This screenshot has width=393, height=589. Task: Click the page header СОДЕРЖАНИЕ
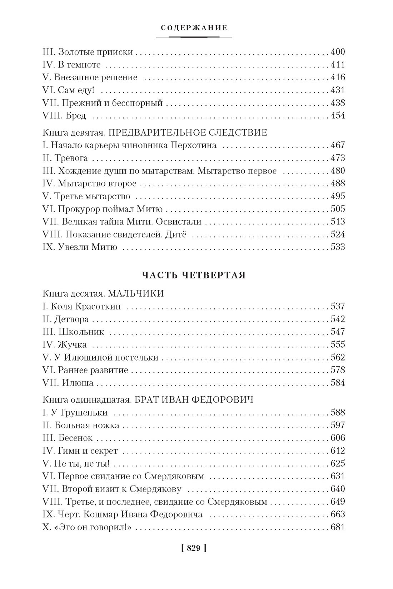point(194,28)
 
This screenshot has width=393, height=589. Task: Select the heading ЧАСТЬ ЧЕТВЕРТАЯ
point(194,275)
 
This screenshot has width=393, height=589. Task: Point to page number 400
point(338,52)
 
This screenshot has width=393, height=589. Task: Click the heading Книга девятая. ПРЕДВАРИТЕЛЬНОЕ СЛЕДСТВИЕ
point(154,133)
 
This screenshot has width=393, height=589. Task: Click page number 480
point(338,171)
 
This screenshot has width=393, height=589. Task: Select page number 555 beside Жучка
point(338,345)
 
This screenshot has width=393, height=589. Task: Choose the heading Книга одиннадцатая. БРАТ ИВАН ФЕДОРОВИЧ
point(148,400)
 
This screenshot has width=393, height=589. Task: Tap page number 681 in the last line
point(338,528)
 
